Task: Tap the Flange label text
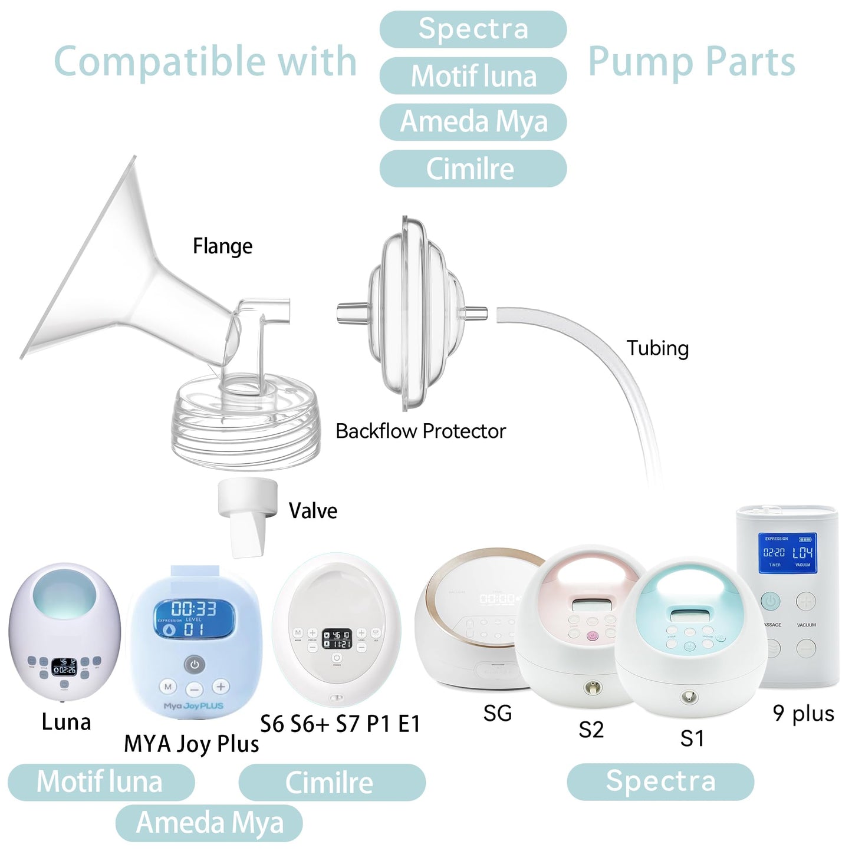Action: tap(222, 246)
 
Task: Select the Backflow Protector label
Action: tap(420, 431)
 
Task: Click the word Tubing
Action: tap(657, 348)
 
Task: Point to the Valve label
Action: tap(312, 510)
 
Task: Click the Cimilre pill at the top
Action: tap(473, 169)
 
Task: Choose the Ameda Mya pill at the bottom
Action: tap(209, 823)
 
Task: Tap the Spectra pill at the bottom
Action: tap(660, 781)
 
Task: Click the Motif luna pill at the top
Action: tap(473, 76)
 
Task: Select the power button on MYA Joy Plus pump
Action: tap(195, 664)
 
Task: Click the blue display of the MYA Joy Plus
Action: tap(194, 618)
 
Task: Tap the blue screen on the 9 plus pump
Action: tap(787, 553)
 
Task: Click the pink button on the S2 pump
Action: tap(593, 636)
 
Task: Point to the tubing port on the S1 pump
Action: tap(687, 697)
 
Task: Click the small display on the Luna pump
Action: tap(64, 667)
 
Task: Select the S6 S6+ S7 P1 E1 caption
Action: tap(340, 724)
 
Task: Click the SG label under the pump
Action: tap(497, 713)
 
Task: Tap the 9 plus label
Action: tap(803, 713)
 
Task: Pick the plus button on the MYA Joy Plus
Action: tap(221, 687)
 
